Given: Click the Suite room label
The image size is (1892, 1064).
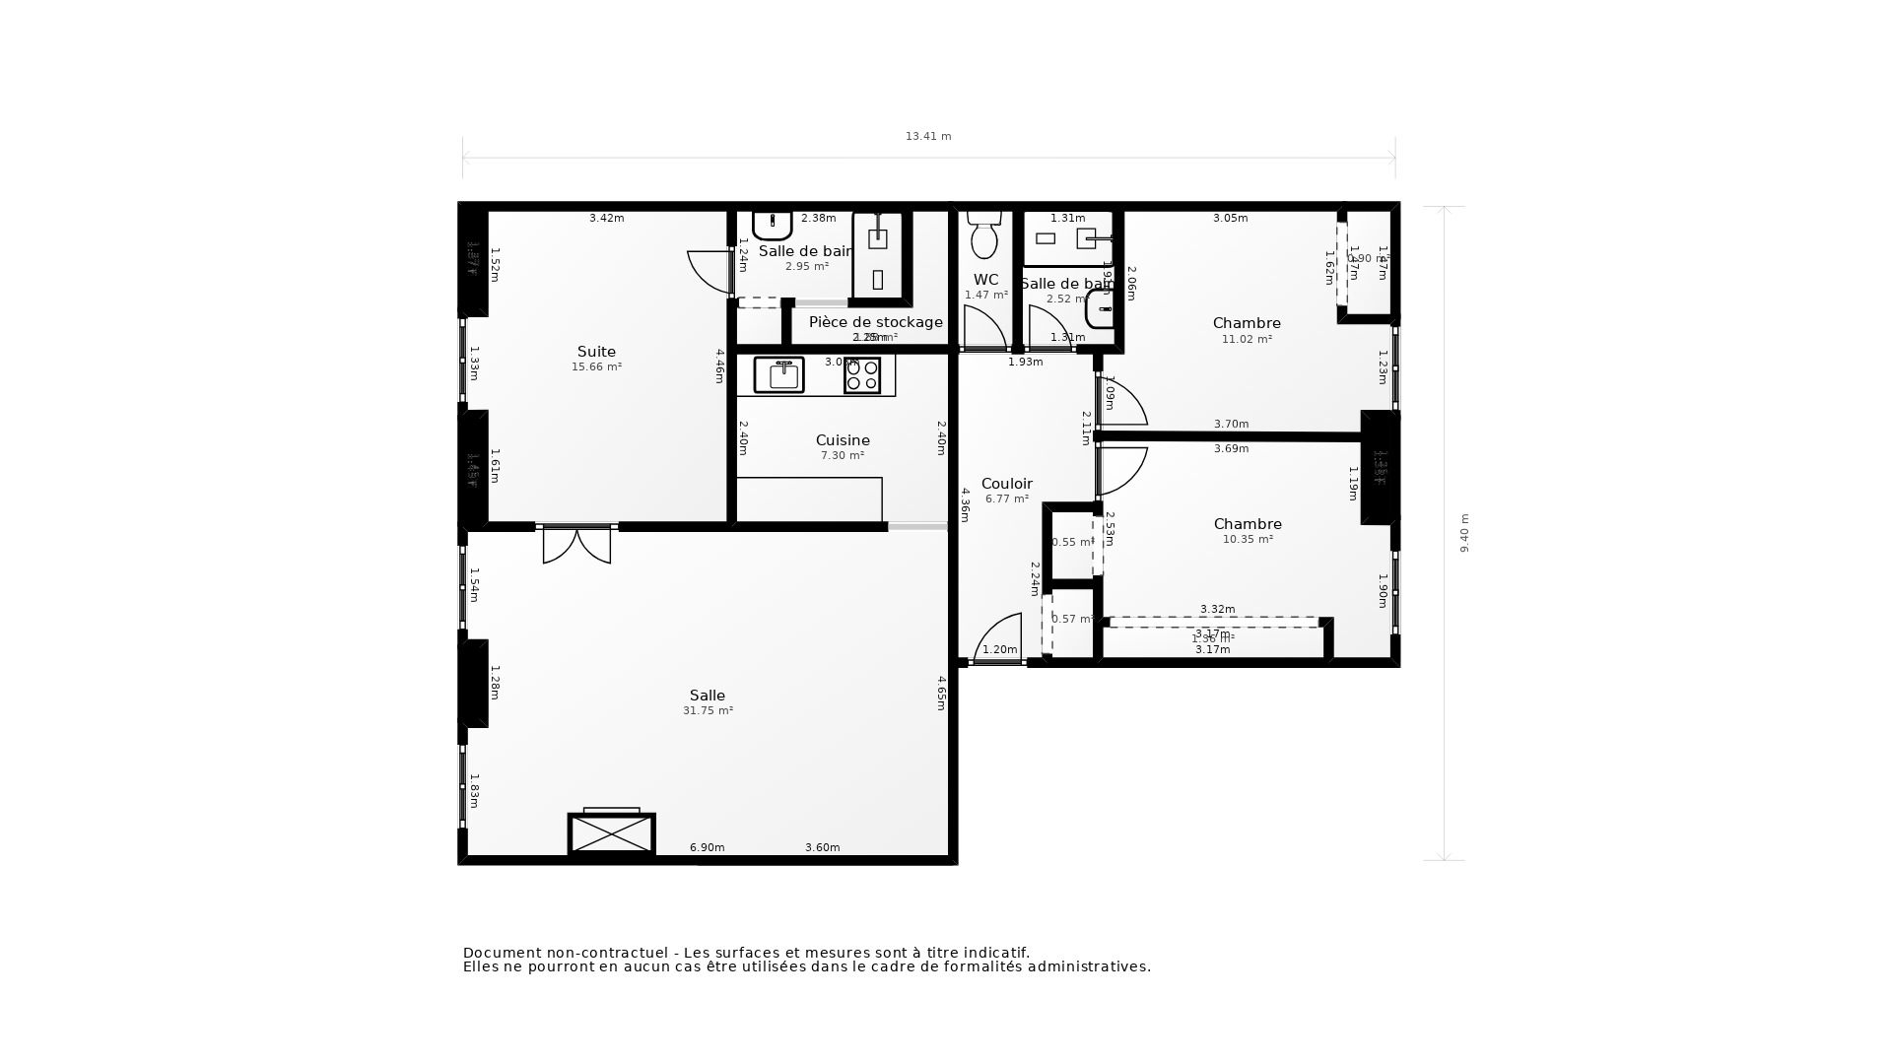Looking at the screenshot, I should pyautogui.click(x=596, y=352).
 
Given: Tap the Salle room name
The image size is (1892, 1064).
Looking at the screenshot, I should pyautogui.click(x=708, y=696).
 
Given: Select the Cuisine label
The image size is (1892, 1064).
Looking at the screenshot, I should pyautogui.click(x=843, y=440).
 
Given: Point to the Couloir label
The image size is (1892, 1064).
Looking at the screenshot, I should pyautogui.click(x=1006, y=484).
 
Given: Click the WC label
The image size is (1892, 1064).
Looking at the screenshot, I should pyautogui.click(x=985, y=280).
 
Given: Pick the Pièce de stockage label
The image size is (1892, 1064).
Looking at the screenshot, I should pyautogui.click(x=875, y=322).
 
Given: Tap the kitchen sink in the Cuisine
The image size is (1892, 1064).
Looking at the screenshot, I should pyautogui.click(x=778, y=375).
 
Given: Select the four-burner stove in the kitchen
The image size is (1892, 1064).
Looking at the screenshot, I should pyautogui.click(x=862, y=375).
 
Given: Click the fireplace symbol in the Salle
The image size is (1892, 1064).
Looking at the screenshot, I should pyautogui.click(x=612, y=833).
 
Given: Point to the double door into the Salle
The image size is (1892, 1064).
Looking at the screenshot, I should pyautogui.click(x=576, y=545).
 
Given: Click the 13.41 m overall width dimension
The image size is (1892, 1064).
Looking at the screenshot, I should pyautogui.click(x=928, y=137).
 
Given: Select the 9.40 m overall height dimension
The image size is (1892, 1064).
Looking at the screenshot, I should pyautogui.click(x=1464, y=533).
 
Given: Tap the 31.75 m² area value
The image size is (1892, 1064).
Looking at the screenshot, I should pyautogui.click(x=708, y=711).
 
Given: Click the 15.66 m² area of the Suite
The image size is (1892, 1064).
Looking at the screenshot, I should pyautogui.click(x=596, y=367).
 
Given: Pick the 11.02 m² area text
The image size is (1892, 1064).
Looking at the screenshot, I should pyautogui.click(x=1247, y=340).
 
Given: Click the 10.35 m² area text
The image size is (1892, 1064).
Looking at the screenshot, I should pyautogui.click(x=1248, y=540).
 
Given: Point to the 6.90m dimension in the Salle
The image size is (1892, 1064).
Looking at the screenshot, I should pyautogui.click(x=707, y=847).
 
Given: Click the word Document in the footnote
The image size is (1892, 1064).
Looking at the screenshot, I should pyautogui.click(x=503, y=953).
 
